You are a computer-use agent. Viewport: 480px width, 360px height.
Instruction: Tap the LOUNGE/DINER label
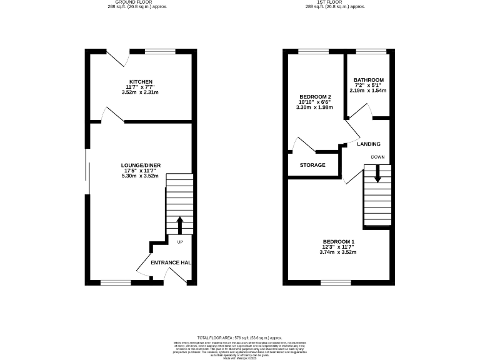[141, 165]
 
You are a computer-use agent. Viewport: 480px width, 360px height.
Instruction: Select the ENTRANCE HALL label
[171, 262]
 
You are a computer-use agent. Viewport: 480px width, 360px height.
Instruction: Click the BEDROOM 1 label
[338, 242]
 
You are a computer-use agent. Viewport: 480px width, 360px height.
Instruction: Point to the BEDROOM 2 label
[314, 96]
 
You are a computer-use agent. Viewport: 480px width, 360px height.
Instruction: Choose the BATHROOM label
[368, 80]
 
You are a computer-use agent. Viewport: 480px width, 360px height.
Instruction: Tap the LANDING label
[368, 144]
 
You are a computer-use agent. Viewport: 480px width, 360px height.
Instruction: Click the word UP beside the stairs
[179, 242]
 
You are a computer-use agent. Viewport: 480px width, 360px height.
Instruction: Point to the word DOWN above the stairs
[377, 156]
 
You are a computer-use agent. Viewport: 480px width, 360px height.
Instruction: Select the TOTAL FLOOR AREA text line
[240, 337]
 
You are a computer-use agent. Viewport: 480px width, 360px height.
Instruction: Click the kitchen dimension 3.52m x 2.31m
[141, 92]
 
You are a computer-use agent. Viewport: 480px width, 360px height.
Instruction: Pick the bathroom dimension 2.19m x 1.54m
[368, 91]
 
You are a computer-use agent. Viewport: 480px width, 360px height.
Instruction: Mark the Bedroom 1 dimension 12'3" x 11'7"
[338, 247]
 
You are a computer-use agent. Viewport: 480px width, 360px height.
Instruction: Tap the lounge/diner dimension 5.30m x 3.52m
[141, 176]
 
